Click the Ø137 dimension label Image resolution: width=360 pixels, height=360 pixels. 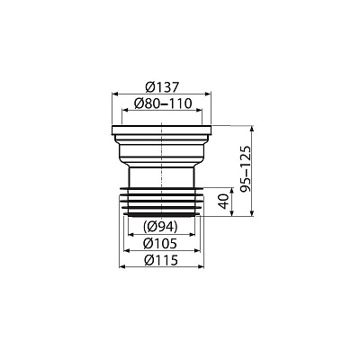coord(162,87)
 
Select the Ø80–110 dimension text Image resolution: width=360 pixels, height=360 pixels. coord(163,103)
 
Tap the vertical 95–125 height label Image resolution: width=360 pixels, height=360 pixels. coord(246,169)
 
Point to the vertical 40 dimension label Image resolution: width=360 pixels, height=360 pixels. coord(224,201)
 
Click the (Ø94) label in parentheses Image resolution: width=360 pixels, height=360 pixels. coord(160,227)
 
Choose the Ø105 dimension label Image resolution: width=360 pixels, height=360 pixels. coord(160,243)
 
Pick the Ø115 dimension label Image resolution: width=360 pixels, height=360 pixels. coord(161,260)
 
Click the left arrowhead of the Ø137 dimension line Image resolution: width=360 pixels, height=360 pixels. coord(114,94)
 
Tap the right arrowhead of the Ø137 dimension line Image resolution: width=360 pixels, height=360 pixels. coord(208,94)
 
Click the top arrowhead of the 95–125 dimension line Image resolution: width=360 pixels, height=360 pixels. coord(252,129)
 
